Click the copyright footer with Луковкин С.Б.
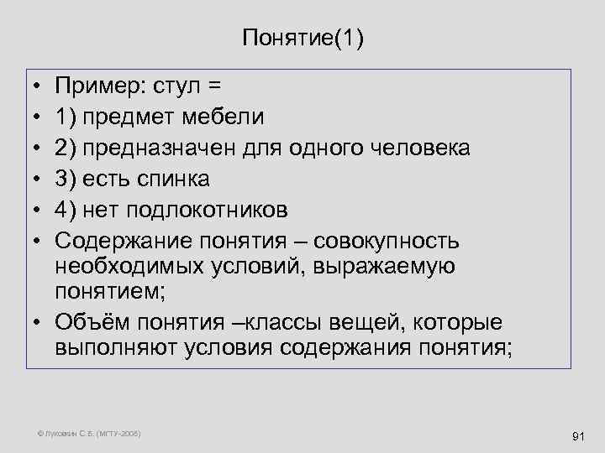90,433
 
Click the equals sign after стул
214,86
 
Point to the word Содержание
124,240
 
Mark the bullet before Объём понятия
39,322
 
